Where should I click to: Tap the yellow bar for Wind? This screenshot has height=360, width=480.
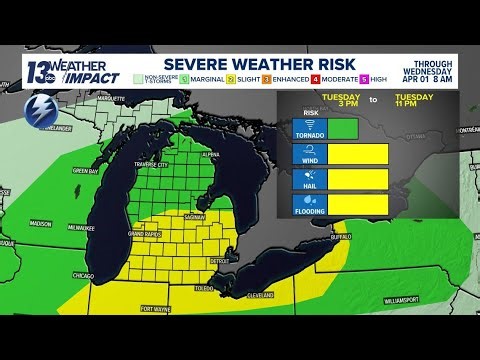point(357,154)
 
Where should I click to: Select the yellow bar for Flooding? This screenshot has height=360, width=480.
point(357,203)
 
